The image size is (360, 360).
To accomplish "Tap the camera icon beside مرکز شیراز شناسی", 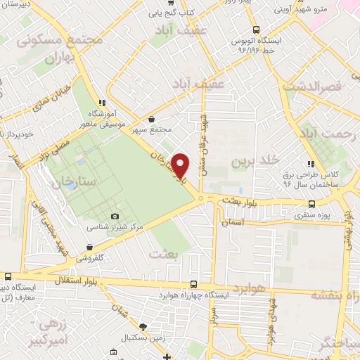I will click(115, 217).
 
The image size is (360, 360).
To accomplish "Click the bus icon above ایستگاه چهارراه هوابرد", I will click(194, 285).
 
